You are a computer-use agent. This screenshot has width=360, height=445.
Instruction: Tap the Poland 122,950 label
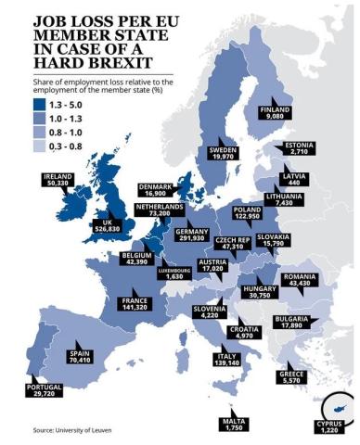249,216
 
